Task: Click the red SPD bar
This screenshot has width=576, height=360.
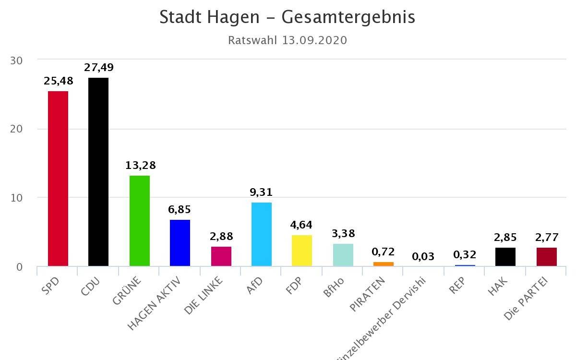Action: point(58,179)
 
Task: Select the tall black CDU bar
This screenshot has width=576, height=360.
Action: point(98,172)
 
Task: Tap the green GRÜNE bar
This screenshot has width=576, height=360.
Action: point(140,221)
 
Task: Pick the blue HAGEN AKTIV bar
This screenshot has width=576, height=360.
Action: point(180,243)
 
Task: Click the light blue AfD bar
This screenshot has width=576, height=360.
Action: point(262,234)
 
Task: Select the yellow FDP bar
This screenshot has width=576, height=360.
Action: point(302,251)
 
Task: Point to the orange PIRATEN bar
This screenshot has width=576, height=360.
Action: point(384,264)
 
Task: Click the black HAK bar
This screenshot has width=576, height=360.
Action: point(505,257)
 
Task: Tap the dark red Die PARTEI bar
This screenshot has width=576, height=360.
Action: point(547,257)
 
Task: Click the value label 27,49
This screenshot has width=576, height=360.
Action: point(99,68)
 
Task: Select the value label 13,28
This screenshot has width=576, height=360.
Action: point(141,166)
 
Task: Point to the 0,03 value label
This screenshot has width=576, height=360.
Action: point(423,256)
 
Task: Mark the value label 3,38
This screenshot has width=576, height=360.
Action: point(343,234)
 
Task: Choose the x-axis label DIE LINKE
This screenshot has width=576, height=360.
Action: point(204,295)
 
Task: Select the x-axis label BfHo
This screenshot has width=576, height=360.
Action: point(334,287)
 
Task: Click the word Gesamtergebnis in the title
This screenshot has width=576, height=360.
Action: point(348,17)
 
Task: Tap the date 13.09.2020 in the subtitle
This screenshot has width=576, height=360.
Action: point(314,40)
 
